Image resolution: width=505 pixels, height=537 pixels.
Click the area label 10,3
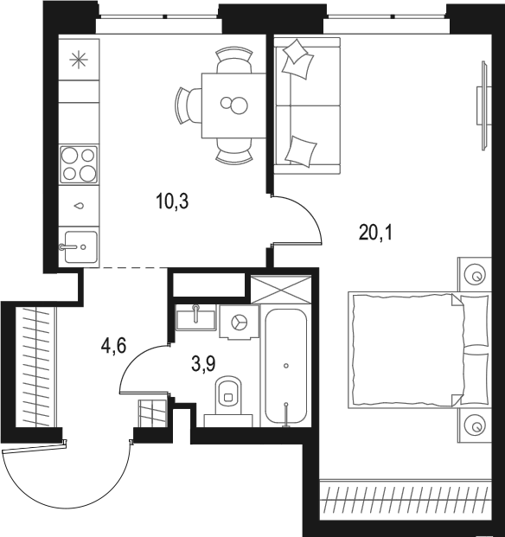tap(172, 201)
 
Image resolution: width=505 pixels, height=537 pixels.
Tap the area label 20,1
tap(375, 233)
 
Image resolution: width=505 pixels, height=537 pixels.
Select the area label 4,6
tap(114, 345)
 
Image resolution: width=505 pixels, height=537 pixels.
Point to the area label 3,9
tap(203, 364)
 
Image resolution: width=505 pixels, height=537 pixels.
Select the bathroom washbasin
tap(195, 317)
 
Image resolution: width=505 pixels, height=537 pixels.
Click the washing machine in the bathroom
tap(240, 323)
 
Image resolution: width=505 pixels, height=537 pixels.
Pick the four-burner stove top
tap(79, 164)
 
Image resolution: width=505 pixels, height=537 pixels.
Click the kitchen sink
tap(80, 246)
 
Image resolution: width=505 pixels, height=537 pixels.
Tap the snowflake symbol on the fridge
tap(79, 60)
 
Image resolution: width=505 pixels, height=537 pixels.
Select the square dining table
tap(233, 105)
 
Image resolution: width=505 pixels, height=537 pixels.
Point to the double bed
tap(419, 349)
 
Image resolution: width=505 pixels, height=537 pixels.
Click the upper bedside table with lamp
tap(475, 274)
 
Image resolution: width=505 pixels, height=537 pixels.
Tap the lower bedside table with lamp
tap(475, 425)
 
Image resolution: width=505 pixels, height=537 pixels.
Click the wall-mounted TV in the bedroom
tap(484, 105)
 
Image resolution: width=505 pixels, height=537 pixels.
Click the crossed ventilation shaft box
tap(281, 290)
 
